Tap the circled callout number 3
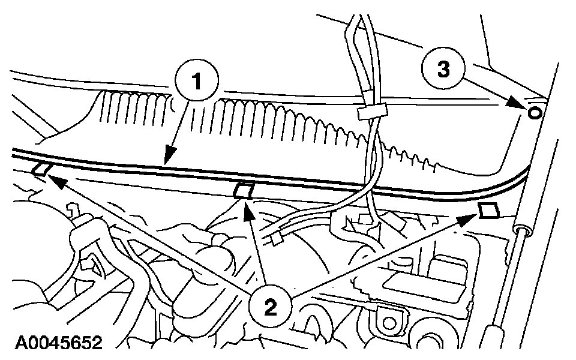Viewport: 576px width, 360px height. (x=443, y=69)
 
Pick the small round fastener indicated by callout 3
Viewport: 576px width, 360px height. (x=535, y=112)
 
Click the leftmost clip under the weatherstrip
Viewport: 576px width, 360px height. (x=41, y=170)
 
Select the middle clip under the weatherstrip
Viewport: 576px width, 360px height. (x=242, y=191)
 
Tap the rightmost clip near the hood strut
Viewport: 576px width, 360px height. (x=488, y=210)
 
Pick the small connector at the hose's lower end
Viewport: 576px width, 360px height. (x=277, y=240)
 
